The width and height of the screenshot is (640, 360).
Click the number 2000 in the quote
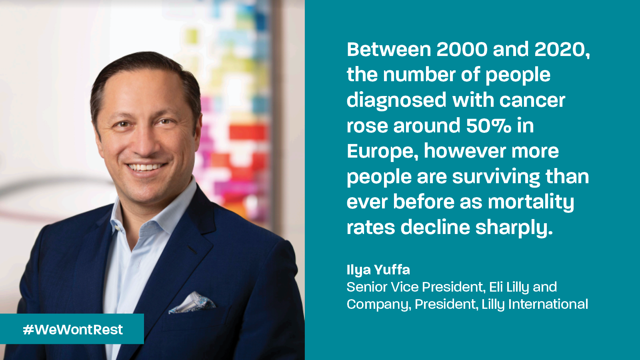click(x=462, y=50)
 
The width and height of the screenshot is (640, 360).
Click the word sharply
click(x=514, y=227)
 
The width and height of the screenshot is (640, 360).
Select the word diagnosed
click(x=396, y=100)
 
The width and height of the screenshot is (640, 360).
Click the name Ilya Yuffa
click(x=378, y=270)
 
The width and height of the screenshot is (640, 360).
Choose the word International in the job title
click(x=548, y=304)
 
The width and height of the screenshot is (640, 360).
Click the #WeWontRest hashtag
click(x=73, y=330)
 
